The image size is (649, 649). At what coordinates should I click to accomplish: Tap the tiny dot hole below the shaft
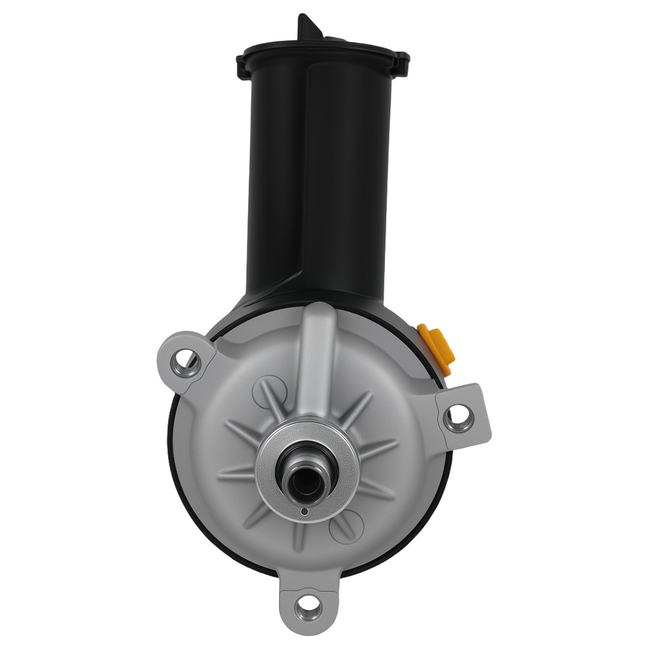tap(305, 512)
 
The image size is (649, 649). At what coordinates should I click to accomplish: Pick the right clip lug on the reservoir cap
tap(403, 63)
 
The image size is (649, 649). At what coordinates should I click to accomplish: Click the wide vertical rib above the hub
tap(317, 363)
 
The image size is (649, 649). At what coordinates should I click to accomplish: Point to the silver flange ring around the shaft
tap(337, 448)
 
